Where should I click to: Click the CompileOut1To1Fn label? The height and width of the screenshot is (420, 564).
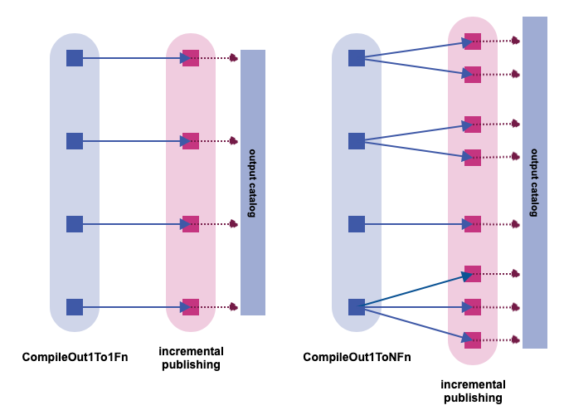tap(75, 358)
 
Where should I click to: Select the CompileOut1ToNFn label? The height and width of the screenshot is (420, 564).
tap(357, 358)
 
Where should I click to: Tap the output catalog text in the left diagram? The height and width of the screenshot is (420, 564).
tap(253, 183)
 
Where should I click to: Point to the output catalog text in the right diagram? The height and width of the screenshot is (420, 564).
tap(535, 183)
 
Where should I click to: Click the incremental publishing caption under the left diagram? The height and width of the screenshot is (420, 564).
tap(191, 358)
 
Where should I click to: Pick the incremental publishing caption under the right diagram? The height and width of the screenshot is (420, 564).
tap(473, 391)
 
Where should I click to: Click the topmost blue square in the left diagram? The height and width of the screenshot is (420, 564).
tap(75, 58)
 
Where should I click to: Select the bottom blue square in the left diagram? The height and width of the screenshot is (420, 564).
tap(75, 307)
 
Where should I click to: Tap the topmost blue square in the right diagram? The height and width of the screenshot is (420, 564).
tap(357, 58)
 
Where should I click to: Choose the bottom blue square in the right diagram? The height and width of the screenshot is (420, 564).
tap(357, 307)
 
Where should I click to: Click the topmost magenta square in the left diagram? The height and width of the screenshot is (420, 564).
tap(191, 58)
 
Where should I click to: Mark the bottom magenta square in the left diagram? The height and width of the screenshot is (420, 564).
tap(191, 307)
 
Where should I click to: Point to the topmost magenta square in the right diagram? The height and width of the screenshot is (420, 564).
tap(473, 41)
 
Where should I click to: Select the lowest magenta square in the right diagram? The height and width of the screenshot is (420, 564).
tap(473, 339)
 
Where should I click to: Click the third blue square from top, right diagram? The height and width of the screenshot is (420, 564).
tap(357, 224)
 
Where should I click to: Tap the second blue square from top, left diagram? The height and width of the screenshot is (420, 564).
tap(75, 141)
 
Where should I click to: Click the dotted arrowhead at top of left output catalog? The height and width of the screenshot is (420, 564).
tap(235, 58)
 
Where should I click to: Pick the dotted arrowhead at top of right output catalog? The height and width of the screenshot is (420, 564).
tap(517, 41)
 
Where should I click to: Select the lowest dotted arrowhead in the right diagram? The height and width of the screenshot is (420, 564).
tap(517, 339)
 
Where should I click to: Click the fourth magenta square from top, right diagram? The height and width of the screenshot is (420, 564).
tap(473, 158)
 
